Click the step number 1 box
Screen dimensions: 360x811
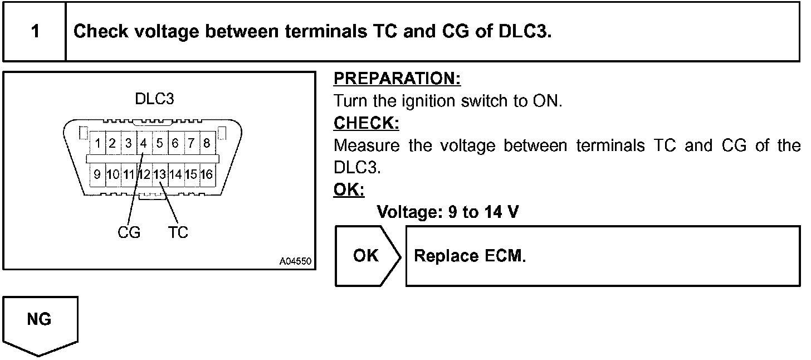35,31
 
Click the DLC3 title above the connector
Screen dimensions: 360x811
154,99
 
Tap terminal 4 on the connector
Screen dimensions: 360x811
143,143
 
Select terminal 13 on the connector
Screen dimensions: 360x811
160,174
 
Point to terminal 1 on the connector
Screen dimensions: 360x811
97,143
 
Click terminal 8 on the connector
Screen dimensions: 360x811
207,143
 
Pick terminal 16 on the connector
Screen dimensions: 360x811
207,174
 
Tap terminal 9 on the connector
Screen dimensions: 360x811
97,174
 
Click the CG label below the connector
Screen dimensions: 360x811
129,232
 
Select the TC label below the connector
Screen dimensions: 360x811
178,232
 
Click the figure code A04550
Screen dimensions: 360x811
295,261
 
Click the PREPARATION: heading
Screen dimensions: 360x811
397,79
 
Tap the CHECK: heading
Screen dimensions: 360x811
367,123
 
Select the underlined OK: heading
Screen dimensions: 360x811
349,190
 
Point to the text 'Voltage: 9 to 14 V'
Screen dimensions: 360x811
448,212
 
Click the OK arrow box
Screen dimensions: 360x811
367,256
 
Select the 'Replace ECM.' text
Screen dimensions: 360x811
470,256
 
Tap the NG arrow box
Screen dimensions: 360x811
40,323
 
